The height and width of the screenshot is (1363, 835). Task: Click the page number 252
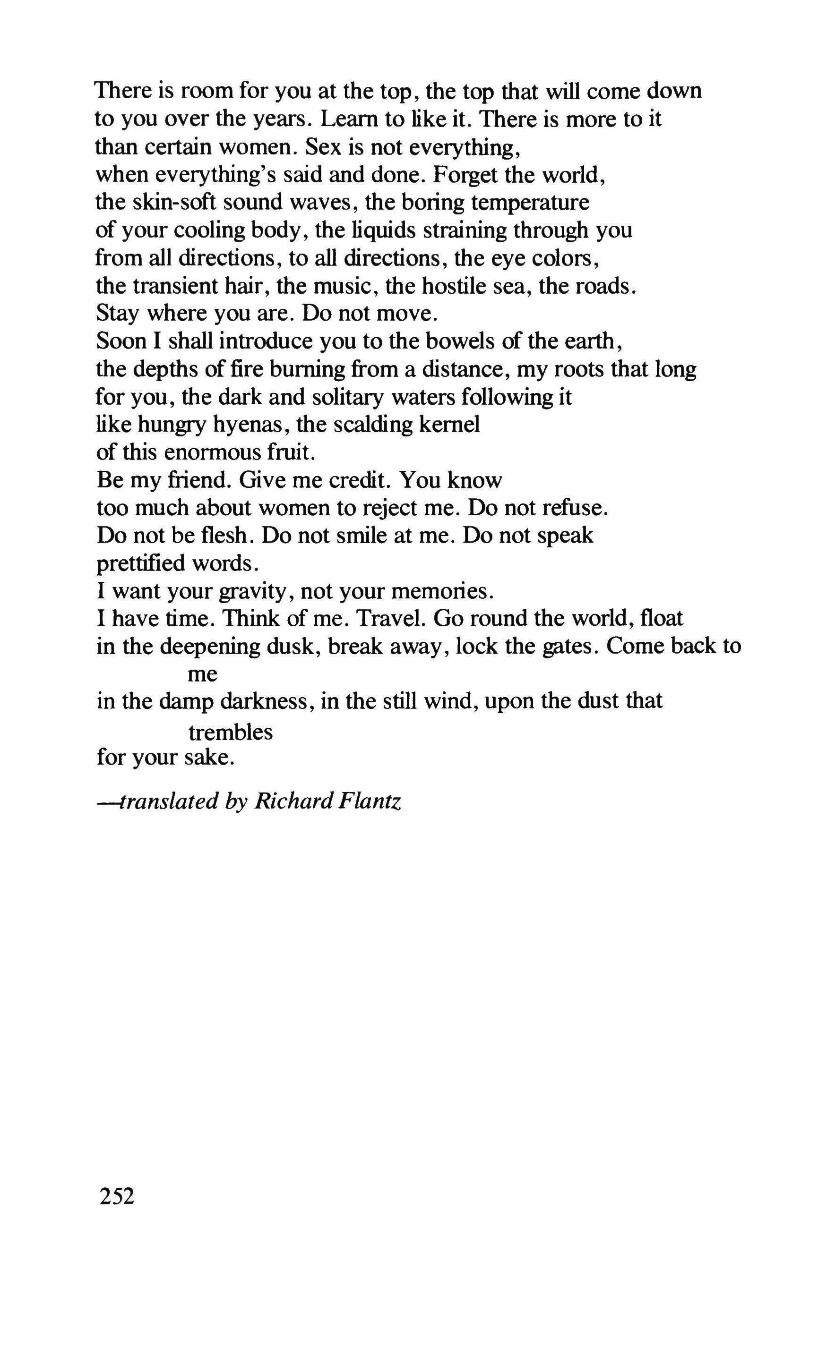[117, 1196]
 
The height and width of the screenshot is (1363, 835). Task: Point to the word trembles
[231, 733]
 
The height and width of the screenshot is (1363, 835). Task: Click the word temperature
[530, 203]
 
